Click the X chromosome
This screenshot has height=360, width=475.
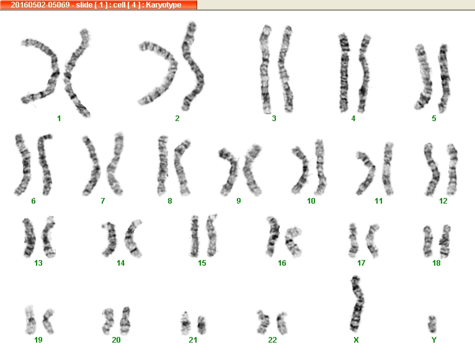pyautogui.click(x=357, y=304)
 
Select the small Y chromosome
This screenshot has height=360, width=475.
pyautogui.click(x=432, y=324)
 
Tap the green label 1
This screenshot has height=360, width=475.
pyautogui.click(x=59, y=119)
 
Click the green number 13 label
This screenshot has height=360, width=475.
pyautogui.click(x=38, y=263)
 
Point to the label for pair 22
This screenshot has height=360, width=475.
pyautogui.click(x=272, y=340)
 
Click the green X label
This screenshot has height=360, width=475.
pyautogui.click(x=356, y=340)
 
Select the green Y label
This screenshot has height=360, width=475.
pyautogui.click(x=434, y=340)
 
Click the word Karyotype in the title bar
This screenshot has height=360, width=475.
pyautogui.click(x=164, y=5)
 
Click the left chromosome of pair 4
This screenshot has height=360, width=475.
pyautogui.click(x=344, y=73)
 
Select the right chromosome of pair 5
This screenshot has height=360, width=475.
pyautogui.click(x=445, y=78)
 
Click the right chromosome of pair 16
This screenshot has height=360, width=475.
pyautogui.click(x=293, y=241)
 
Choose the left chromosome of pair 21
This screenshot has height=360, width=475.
pyautogui.click(x=185, y=323)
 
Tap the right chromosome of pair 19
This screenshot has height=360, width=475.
pyautogui.click(x=48, y=322)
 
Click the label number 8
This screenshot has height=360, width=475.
pyautogui.click(x=170, y=200)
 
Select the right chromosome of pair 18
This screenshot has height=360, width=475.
pyautogui.click(x=445, y=241)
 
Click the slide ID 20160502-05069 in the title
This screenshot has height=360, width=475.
pyautogui.click(x=40, y=5)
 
